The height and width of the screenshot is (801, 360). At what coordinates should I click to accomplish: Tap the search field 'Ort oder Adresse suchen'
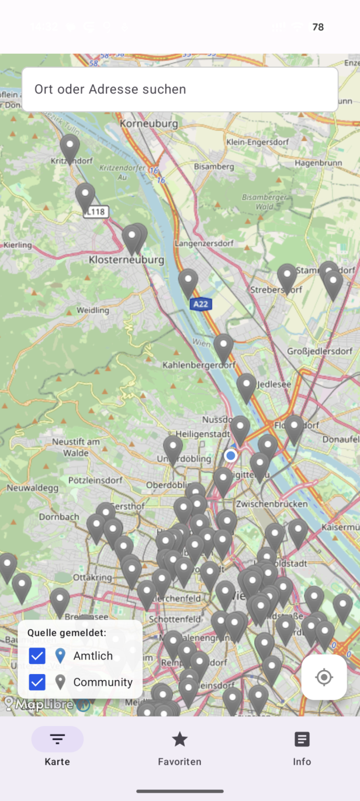[x=179, y=89]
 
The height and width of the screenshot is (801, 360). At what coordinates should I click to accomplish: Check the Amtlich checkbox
[x=37, y=656]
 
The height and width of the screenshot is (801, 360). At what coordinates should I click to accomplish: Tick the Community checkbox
[x=37, y=682]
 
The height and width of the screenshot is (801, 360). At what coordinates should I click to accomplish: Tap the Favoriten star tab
[x=179, y=740]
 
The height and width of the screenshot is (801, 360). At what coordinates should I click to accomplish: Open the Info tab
[x=302, y=740]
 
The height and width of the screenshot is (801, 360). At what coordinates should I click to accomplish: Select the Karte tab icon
[x=57, y=740]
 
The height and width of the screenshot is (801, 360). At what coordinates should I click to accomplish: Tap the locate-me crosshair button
[x=324, y=677]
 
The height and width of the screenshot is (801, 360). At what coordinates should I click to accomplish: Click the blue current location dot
[x=231, y=455]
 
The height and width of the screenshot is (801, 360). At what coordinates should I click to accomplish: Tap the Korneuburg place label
[x=148, y=124]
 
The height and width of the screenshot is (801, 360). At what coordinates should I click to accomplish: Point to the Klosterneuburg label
[x=126, y=259]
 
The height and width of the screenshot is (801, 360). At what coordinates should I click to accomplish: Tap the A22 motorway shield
[x=200, y=304]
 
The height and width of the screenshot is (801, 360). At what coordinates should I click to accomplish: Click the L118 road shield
[x=97, y=212]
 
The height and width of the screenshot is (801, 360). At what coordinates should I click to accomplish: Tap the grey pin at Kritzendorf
[x=70, y=147]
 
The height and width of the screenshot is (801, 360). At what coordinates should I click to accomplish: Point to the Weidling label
[x=92, y=310]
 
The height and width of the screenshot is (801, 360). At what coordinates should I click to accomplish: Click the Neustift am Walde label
[x=75, y=447]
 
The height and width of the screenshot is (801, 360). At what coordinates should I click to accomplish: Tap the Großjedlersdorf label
[x=321, y=351]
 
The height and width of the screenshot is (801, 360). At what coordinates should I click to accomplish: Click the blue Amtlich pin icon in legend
[x=60, y=656]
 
